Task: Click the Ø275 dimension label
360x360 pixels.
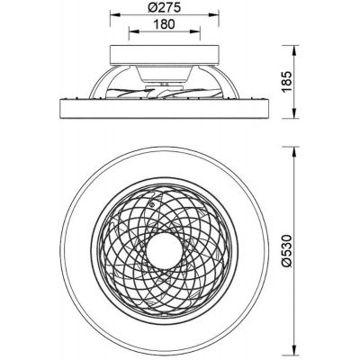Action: coord(165,7)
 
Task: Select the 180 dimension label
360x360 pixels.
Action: coord(164,24)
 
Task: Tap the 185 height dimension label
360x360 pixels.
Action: coord(287,82)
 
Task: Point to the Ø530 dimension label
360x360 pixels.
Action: coord(287,251)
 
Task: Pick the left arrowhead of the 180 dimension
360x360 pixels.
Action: coord(133,31)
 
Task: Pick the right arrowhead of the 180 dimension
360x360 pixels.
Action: coord(195,31)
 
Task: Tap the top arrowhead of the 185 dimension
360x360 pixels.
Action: coord(295,49)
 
